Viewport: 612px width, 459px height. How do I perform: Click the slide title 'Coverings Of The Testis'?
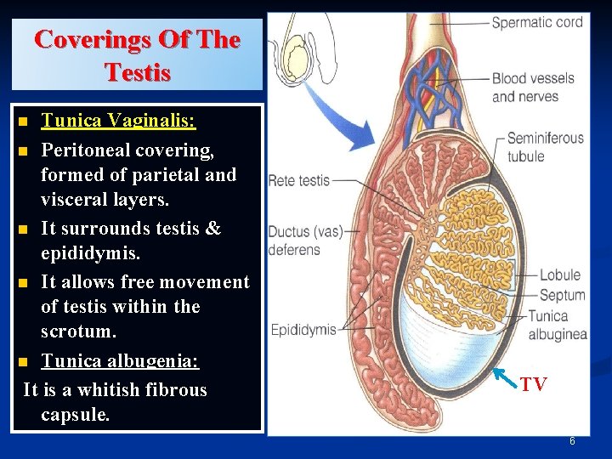pos(137,54)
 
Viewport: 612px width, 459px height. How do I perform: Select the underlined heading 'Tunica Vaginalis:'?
pos(118,121)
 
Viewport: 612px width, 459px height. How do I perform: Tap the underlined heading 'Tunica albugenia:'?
pos(120,360)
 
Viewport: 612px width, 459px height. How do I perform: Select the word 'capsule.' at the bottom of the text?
pos(75,415)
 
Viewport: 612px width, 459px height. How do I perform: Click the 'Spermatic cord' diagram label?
pos(537,22)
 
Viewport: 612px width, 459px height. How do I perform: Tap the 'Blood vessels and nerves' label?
pos(533,87)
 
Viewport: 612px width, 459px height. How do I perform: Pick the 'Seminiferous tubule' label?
pos(545,146)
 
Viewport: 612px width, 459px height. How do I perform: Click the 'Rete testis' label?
pos(298,180)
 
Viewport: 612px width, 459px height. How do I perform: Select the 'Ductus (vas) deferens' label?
pos(294,241)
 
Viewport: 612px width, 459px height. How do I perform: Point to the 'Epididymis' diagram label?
pos(303,329)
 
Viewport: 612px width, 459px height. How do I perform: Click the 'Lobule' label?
pos(560,275)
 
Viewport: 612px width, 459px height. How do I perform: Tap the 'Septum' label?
pos(562,295)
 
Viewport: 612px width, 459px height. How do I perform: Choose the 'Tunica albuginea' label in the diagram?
pos(557,325)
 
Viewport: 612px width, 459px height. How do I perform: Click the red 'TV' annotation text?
pos(534,385)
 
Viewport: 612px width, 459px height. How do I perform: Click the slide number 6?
pos(572,441)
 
